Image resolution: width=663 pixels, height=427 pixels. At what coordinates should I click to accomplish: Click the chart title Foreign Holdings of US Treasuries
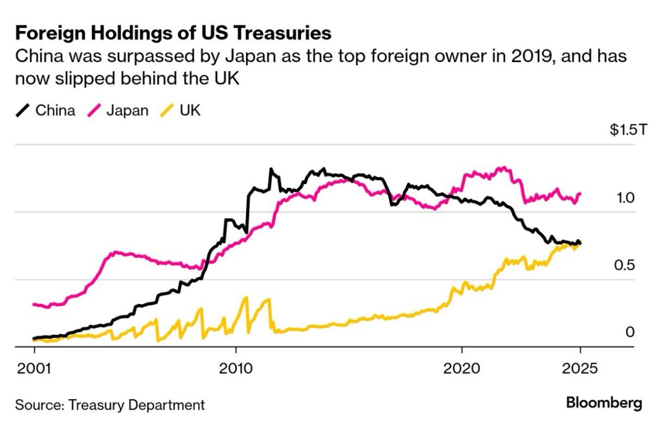[x=173, y=33]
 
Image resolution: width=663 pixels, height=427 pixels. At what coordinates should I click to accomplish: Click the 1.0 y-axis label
[x=626, y=198]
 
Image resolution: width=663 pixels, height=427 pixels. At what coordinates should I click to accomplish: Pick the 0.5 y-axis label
[x=626, y=266]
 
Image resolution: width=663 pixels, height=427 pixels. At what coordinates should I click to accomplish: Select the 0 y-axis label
[x=630, y=332]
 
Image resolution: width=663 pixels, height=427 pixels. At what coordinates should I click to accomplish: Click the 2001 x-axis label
[x=34, y=367]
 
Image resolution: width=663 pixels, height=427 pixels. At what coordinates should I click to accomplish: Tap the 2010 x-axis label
[x=235, y=367]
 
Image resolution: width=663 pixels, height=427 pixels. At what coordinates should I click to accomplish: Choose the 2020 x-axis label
[x=462, y=367]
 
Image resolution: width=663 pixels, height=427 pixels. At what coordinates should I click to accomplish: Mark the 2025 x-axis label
[x=580, y=367]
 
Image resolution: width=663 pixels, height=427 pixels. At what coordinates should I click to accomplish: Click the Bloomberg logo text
[x=604, y=403]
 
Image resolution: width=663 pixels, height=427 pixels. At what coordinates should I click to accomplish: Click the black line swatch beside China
[x=23, y=111]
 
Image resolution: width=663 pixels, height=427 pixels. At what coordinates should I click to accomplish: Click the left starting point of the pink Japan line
[x=34, y=304]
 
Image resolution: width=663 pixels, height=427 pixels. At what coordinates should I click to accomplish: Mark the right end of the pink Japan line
[x=580, y=193]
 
